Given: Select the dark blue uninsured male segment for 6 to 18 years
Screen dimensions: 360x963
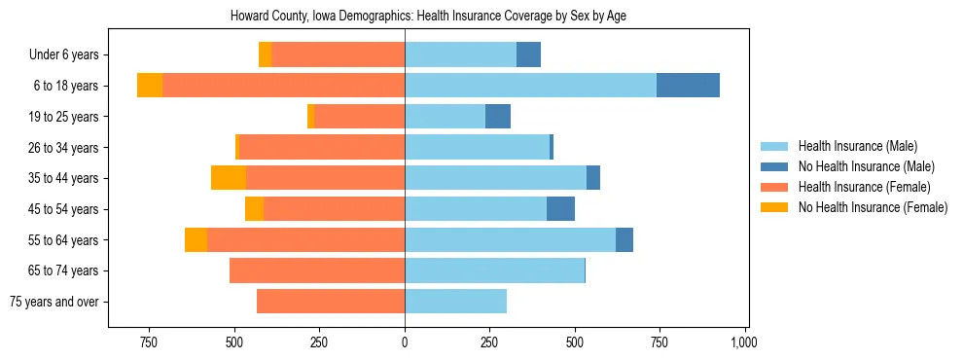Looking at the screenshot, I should click(688, 86).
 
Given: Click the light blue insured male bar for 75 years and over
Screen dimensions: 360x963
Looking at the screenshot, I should click(455, 302).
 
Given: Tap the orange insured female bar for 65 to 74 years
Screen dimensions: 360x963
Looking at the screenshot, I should click(317, 270).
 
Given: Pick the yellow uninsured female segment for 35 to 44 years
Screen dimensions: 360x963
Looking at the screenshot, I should click(229, 178).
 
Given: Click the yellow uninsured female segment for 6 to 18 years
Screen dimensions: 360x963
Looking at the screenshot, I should click(150, 86).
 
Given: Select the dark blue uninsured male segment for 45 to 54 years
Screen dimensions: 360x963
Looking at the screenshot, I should click(560, 209).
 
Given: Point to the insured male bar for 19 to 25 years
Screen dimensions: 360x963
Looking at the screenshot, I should click(445, 117).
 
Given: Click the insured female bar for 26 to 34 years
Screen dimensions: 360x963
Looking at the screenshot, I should click(322, 147).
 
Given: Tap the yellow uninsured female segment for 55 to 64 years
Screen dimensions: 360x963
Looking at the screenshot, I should click(196, 239).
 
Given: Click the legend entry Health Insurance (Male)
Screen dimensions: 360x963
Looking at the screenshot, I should click(857, 146).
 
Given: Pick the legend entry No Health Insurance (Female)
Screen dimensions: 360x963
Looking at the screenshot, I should click(873, 207).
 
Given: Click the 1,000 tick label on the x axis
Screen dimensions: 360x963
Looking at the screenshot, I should click(744, 342).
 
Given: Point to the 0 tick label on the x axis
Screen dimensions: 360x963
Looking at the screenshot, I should click(405, 342).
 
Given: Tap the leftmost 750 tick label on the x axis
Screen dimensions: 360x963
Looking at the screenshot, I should click(149, 342).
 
